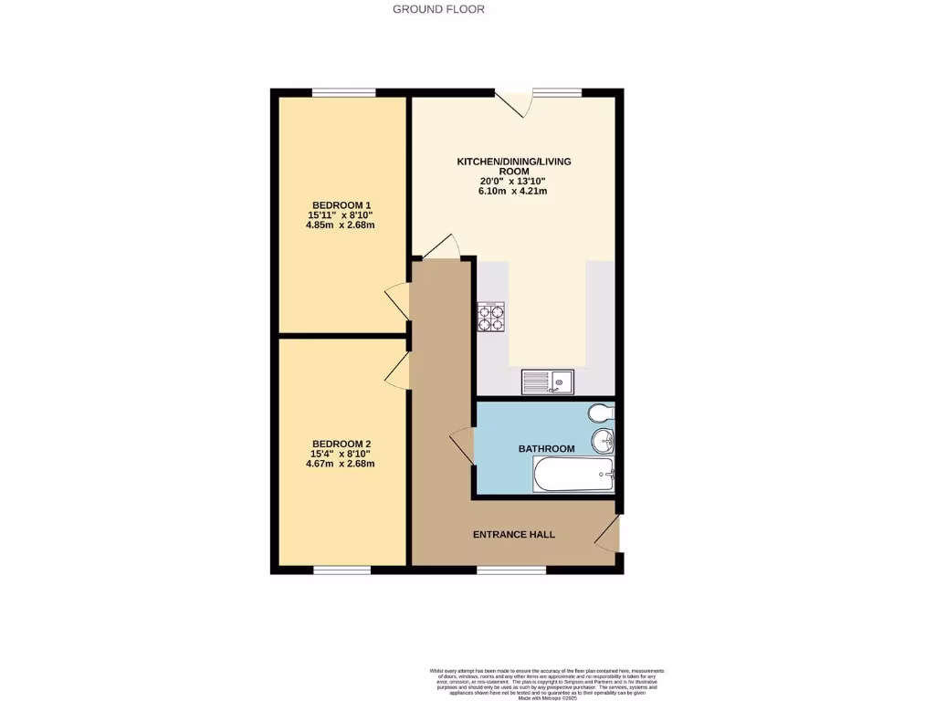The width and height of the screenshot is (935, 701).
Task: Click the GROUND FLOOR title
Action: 438,9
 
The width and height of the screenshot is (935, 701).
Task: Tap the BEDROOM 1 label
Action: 341,204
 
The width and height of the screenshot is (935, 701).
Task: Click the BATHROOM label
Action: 546,449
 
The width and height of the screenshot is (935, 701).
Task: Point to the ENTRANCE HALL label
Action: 513,535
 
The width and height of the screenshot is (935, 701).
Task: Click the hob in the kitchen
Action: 491,316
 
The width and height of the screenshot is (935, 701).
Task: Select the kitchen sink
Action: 547,382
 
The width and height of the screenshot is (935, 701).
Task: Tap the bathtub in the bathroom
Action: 573,475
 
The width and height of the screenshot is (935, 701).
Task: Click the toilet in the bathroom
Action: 602,413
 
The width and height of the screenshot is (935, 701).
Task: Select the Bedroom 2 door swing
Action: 397,369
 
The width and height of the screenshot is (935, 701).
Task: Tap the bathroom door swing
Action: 462,447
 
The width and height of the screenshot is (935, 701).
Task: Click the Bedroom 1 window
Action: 343,92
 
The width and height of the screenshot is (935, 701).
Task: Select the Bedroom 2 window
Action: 342,570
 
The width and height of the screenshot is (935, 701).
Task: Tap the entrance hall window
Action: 511,570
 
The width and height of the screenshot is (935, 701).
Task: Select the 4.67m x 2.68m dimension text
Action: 341,464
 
